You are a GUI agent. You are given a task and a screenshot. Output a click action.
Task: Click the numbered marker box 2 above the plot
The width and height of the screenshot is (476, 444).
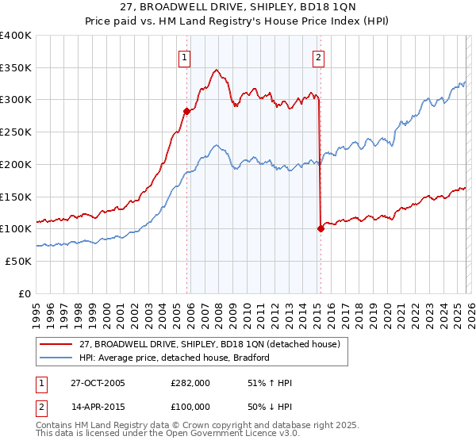[x=318, y=56]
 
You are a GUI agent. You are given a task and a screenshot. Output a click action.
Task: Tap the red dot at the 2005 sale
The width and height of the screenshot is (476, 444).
[x=187, y=112]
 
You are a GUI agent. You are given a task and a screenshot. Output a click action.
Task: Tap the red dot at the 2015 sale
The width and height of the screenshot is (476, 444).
[x=321, y=228]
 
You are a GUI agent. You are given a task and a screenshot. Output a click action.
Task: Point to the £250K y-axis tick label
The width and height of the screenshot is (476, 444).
[x=16, y=132]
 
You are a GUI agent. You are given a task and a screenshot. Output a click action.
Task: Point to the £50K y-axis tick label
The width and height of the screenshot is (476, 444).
[x=18, y=261]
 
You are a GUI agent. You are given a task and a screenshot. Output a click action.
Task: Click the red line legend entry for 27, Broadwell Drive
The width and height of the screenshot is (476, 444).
[x=209, y=344]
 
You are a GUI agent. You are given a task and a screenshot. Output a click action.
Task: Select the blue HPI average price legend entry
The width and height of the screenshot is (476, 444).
[x=175, y=358]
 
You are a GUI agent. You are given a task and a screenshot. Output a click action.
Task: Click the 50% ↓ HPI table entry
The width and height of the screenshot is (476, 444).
[x=270, y=408]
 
